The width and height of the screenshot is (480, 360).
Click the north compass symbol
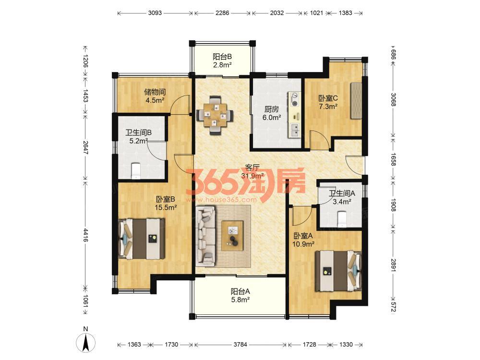coord(86,340)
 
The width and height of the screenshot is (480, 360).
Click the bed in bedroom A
coord(338,271)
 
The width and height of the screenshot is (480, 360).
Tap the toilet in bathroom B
coord(135,171)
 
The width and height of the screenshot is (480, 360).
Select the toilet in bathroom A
coord(341,219)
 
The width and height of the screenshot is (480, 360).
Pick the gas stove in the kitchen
coord(295,99)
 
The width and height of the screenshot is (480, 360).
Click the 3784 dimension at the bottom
coord(240,344)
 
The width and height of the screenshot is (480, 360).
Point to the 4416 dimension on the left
coord(85,235)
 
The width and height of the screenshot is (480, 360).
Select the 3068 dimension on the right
coord(393,99)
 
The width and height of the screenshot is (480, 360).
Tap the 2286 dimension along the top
coord(222,13)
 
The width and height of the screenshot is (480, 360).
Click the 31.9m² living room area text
coord(252,176)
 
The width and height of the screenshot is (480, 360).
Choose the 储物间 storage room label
coord(155,92)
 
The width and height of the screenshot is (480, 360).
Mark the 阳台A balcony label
coord(240,291)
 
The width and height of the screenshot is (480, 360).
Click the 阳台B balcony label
coord(222,57)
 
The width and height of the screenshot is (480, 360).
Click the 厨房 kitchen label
coord(272,109)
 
